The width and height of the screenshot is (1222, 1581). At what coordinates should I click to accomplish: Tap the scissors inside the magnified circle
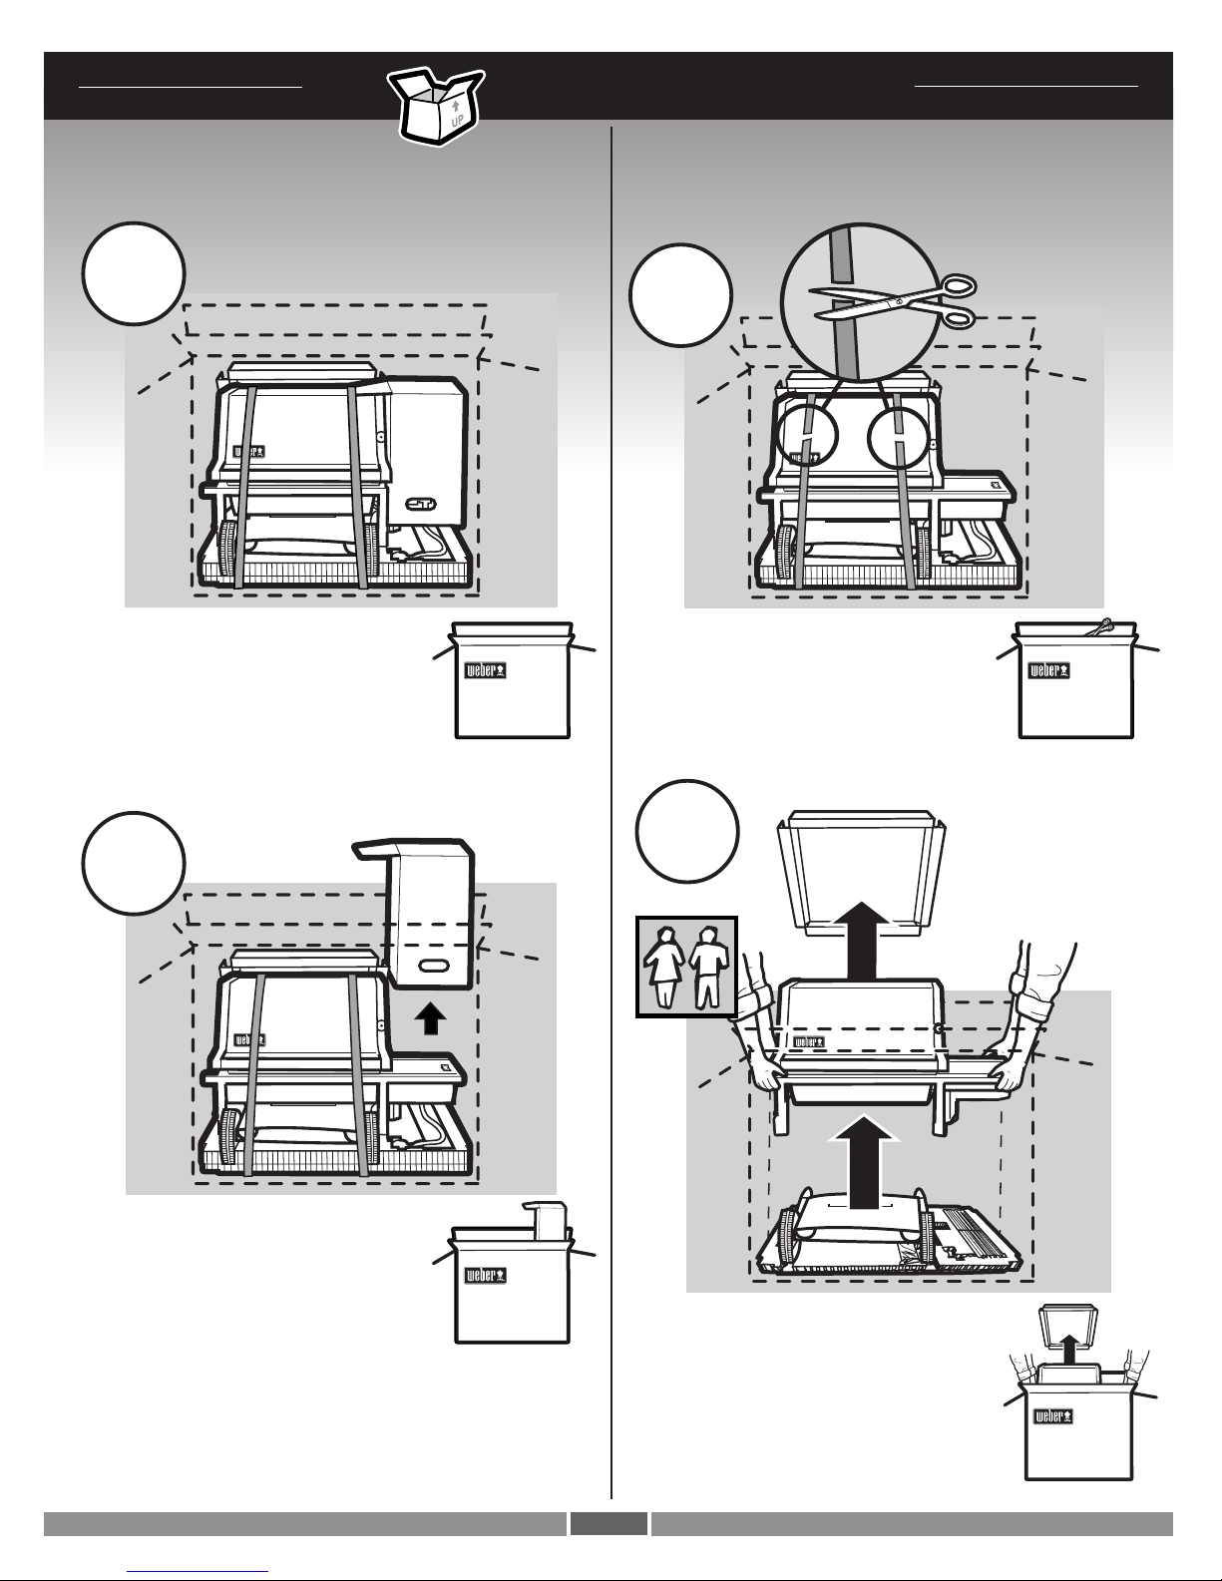point(892,302)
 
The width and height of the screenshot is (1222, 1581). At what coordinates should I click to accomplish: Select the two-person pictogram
point(686,966)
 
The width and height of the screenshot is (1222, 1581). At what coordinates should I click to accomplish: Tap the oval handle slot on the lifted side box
point(432,967)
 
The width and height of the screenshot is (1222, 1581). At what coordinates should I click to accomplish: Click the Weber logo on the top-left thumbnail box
point(486,670)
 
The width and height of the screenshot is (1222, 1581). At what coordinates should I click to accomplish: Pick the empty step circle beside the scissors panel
point(681,295)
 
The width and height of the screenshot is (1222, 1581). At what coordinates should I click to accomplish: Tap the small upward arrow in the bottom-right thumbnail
point(1069,1349)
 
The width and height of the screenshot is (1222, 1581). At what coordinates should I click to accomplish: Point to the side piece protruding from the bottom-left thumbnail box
point(545,1220)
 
